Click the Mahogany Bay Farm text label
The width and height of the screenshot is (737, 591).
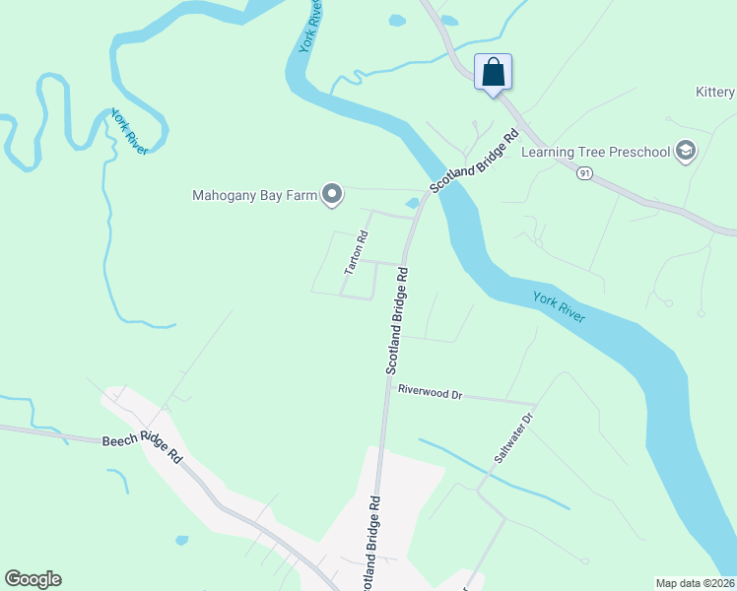click(x=254, y=195)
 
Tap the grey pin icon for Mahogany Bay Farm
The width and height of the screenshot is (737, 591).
click(x=332, y=196)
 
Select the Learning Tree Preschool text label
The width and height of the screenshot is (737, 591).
click(x=595, y=152)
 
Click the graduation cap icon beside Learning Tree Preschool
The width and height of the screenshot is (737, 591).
click(x=686, y=151)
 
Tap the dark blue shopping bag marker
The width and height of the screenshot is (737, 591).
click(x=493, y=72)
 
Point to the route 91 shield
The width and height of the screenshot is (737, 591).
click(x=585, y=173)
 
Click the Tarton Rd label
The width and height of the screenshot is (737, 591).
click(x=356, y=252)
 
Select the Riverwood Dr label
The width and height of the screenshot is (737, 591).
click(x=430, y=392)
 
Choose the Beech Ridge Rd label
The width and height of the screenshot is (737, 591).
click(x=143, y=449)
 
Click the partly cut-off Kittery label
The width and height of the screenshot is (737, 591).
click(x=715, y=93)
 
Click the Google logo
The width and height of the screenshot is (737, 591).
click(x=33, y=579)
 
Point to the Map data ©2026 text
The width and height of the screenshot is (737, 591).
click(x=696, y=582)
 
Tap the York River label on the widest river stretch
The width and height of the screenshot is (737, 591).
click(x=559, y=307)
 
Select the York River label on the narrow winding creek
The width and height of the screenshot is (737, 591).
click(x=128, y=131)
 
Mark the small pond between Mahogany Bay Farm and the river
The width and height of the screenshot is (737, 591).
click(x=412, y=203)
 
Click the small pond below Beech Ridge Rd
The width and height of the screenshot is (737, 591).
click(x=181, y=540)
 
